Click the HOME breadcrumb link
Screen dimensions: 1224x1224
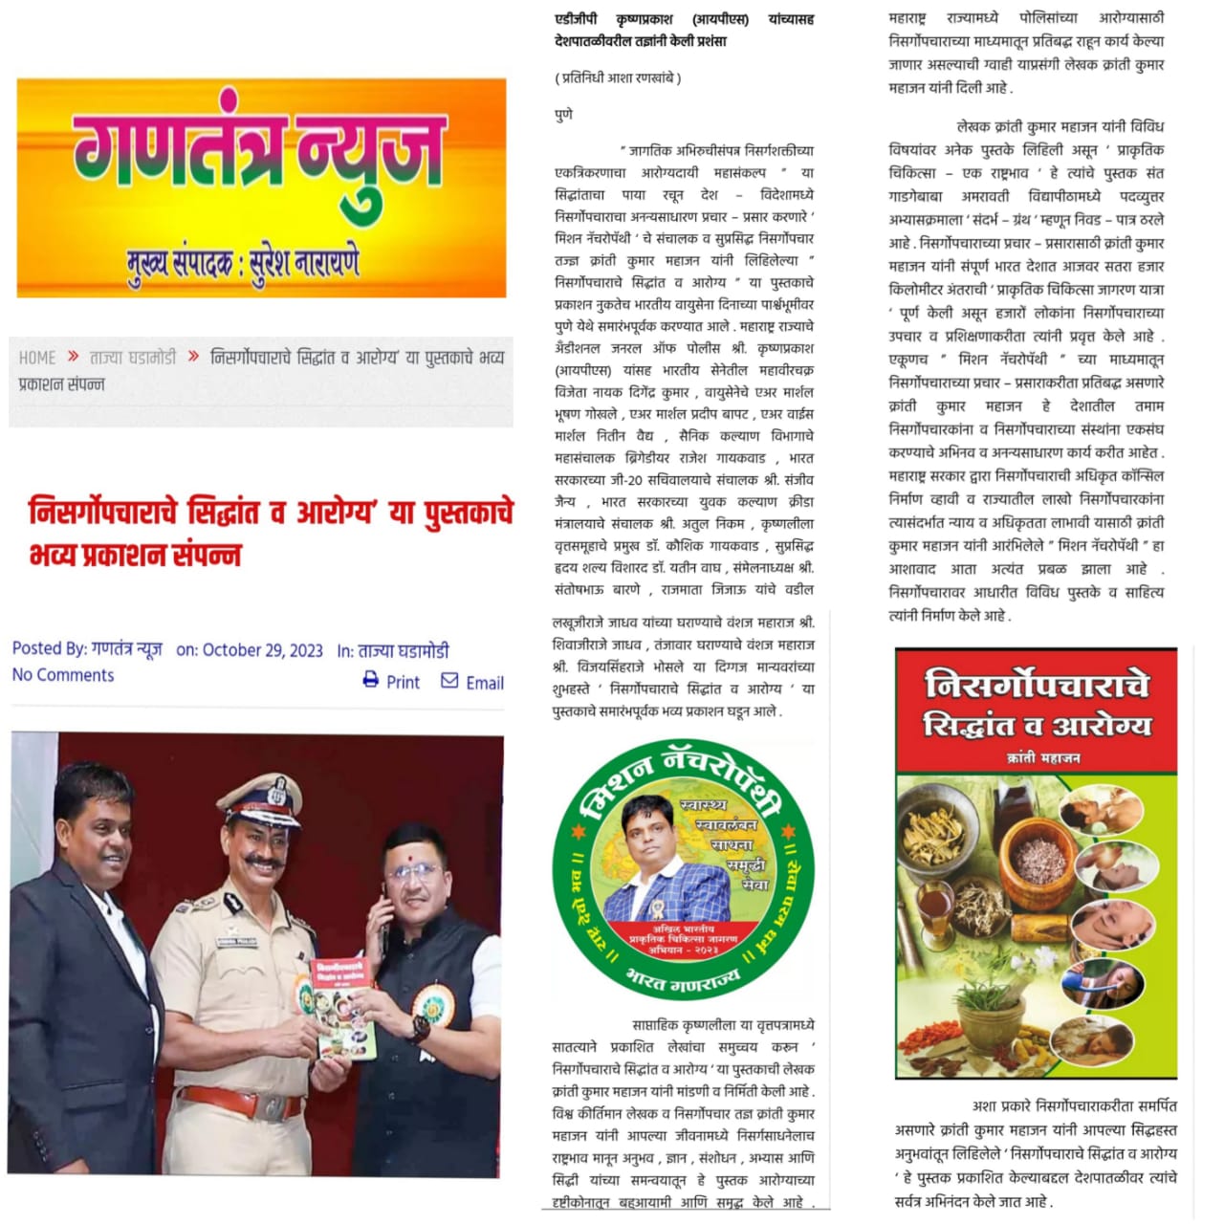coord(37,358)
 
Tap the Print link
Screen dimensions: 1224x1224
coord(403,683)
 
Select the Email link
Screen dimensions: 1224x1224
coord(485,683)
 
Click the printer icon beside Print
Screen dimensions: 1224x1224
coord(371,680)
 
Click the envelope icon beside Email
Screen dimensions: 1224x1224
coord(449,680)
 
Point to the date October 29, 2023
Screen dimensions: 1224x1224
coord(263,650)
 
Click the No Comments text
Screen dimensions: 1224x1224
coord(63,675)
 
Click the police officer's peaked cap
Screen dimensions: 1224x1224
coord(260,797)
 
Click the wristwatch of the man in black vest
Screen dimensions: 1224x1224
coord(420,1028)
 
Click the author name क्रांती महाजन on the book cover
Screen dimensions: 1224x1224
coord(1043,757)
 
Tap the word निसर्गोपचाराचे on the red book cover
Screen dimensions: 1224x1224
coord(1037,685)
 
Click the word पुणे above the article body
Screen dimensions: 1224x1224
coord(564,115)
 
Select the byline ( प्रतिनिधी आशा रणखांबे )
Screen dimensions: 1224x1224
coord(618,78)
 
